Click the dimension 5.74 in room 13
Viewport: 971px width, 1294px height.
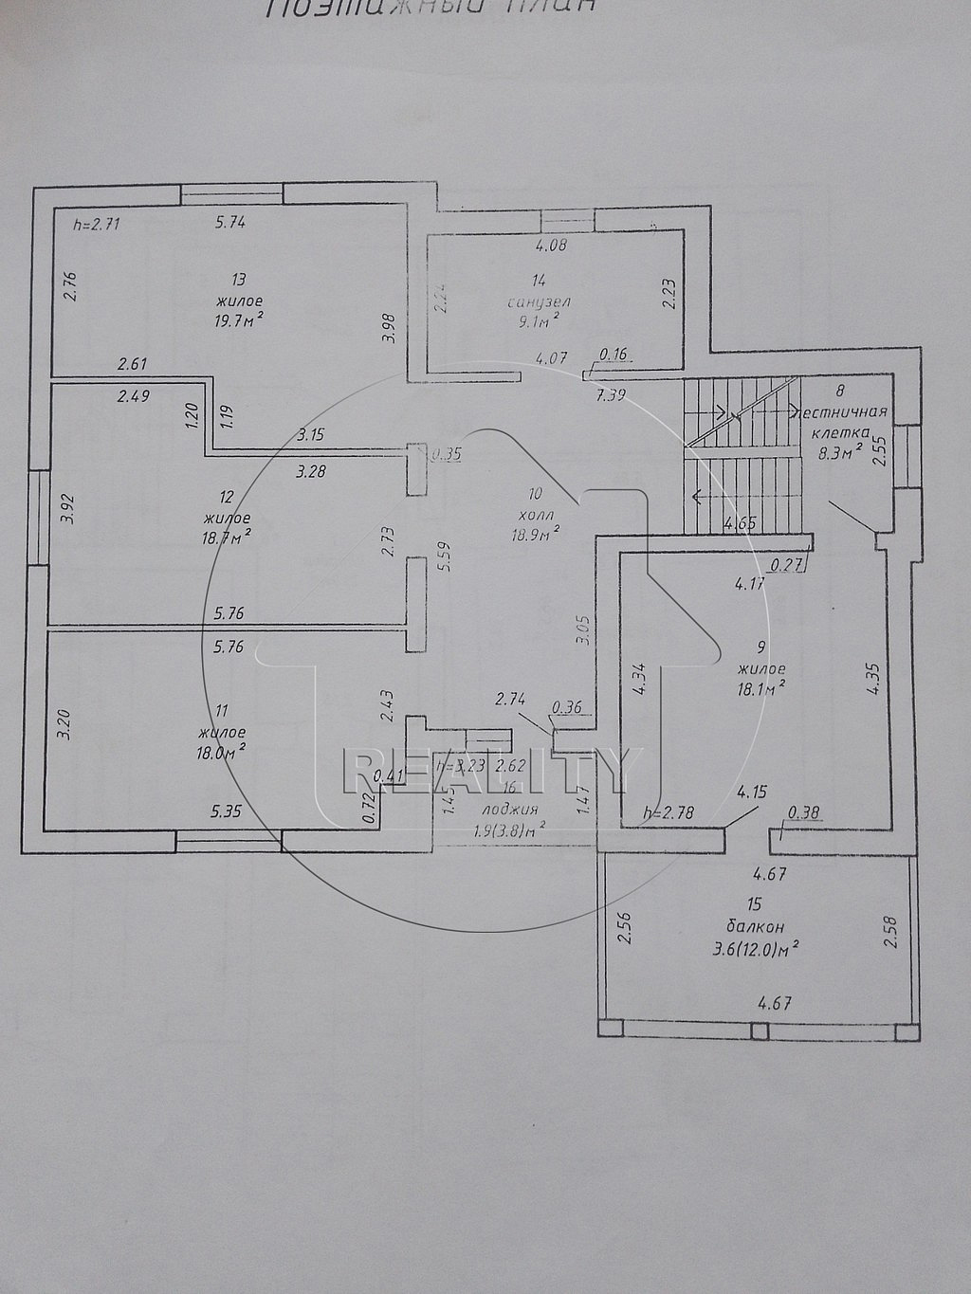point(230,224)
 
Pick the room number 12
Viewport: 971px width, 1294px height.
point(226,498)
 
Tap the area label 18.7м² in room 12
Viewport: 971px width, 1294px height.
point(227,537)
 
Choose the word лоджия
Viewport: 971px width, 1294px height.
point(509,810)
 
